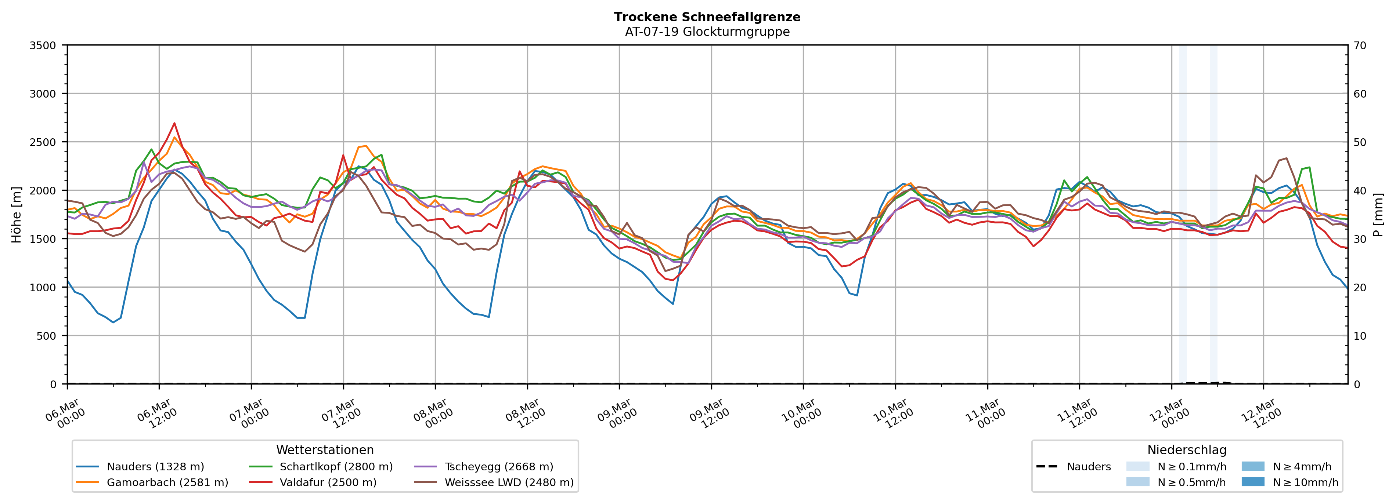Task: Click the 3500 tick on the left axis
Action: pyautogui.click(x=43, y=45)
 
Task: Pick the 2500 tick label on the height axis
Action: pyautogui.click(x=43, y=142)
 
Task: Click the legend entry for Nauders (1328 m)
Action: pyautogui.click(x=155, y=467)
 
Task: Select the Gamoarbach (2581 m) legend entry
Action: pyautogui.click(x=167, y=482)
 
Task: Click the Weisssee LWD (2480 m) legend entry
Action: pyautogui.click(x=508, y=482)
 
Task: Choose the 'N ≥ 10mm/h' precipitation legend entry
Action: pyautogui.click(x=1305, y=482)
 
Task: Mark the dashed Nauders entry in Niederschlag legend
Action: pyautogui.click(x=1088, y=467)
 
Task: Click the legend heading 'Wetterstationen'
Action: pyautogui.click(x=325, y=450)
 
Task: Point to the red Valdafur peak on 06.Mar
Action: pyautogui.click(x=174, y=123)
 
